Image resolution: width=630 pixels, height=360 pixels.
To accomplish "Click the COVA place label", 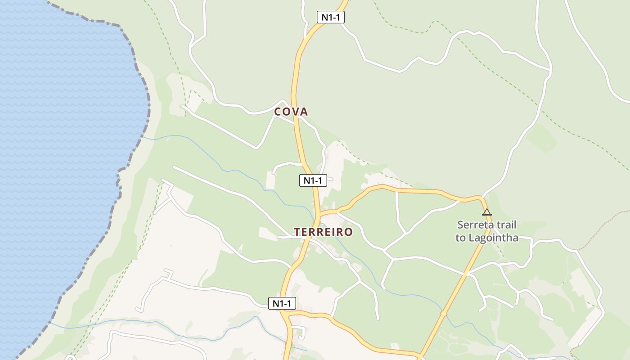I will [x=291, y=112].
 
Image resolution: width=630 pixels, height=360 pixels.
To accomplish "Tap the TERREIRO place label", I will [x=323, y=232].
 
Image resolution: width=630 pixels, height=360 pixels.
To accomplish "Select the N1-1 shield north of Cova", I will [x=330, y=18].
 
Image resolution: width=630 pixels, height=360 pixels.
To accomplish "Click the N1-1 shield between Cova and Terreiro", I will [x=313, y=180].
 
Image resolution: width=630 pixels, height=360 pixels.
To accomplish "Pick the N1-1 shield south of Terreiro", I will [x=282, y=303].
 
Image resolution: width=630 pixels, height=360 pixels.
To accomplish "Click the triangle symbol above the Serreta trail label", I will [x=486, y=212].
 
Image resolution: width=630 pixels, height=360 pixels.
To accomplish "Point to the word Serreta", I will [x=474, y=225].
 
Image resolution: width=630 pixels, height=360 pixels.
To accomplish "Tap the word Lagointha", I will [x=493, y=238].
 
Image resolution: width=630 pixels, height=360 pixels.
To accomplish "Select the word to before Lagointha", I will [x=460, y=238].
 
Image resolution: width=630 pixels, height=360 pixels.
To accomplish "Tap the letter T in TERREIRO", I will [x=297, y=232].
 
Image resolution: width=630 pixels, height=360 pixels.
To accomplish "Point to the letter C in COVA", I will [x=278, y=112].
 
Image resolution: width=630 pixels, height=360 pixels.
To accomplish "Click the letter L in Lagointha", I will [x=471, y=238].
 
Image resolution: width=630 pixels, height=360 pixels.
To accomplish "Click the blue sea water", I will [x=58, y=135].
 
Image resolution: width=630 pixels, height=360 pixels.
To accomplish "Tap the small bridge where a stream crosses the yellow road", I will [x=444, y=313].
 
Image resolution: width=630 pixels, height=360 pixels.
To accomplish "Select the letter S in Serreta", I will [x=460, y=225].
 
